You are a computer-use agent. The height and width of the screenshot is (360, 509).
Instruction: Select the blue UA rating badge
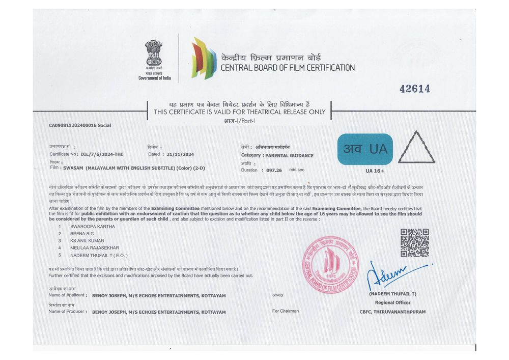365,149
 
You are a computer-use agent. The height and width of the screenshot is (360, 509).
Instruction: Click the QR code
414,242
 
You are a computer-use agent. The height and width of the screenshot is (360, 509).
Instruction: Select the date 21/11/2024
178,154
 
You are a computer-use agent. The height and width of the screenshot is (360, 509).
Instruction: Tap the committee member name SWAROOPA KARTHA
93,226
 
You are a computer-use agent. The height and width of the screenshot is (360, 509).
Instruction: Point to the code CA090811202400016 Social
79,125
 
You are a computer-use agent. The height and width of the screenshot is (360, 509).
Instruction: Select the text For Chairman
286,311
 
